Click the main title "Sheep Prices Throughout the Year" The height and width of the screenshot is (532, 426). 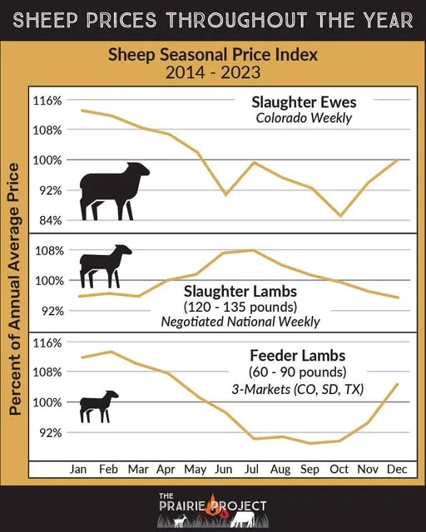click(213, 20)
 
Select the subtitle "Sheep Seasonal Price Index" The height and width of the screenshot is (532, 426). click(213, 55)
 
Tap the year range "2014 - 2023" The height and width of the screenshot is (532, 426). click(213, 72)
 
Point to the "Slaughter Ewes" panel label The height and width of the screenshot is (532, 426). click(304, 102)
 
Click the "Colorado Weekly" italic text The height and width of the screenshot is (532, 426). click(304, 118)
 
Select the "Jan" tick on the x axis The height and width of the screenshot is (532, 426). click(80, 470)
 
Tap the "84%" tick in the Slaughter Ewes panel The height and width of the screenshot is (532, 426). click(48, 220)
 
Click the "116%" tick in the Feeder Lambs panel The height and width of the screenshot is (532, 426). click(48, 342)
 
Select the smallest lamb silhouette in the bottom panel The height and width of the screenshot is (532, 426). click(99, 406)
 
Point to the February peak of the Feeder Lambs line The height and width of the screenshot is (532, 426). click(109, 352)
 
